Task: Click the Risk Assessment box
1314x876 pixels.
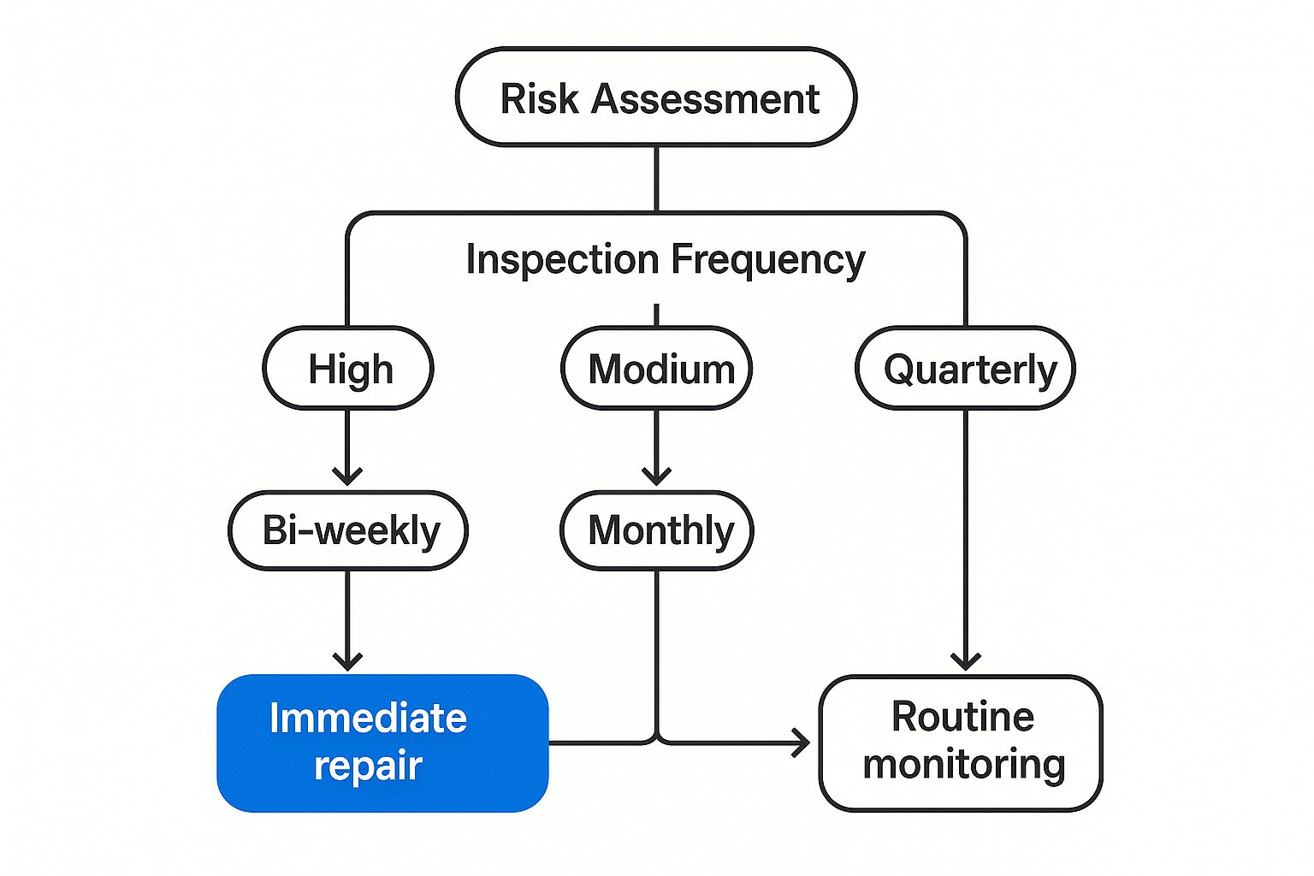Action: [x=656, y=97]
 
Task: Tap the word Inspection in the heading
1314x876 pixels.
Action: [x=563, y=259]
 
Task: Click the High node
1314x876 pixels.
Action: [x=348, y=368]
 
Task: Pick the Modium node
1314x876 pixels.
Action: [x=656, y=368]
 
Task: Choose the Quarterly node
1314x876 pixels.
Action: [x=966, y=368]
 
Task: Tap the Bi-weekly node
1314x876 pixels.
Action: [x=348, y=530]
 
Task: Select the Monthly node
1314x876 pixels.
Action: [x=656, y=530]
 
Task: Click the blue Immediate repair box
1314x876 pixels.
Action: [x=382, y=743]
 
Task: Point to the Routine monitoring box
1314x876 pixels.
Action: [x=961, y=743]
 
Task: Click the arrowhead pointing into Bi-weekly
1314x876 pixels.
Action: [x=348, y=476]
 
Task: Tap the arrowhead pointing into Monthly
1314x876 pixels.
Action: [x=656, y=476]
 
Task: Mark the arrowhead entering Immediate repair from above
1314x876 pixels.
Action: [x=348, y=661]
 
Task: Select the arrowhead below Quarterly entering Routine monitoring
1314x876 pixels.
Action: [x=966, y=661]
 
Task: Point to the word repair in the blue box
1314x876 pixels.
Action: [x=369, y=766]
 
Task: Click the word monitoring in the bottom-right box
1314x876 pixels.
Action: [x=964, y=766]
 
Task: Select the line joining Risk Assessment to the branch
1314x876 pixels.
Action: [x=656, y=179]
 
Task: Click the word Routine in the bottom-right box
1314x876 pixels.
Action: [x=962, y=716]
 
